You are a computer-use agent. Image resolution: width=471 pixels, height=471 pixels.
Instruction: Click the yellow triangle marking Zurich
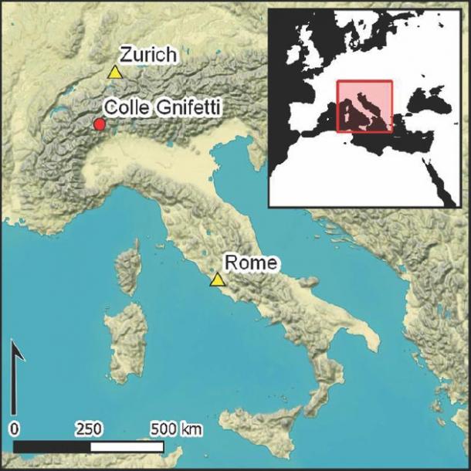click(115, 73)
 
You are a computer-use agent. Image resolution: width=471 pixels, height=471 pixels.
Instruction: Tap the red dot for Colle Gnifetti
click(99, 124)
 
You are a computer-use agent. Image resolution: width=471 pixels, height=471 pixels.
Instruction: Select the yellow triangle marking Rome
click(218, 280)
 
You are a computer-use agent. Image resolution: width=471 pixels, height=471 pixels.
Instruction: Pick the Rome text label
click(250, 263)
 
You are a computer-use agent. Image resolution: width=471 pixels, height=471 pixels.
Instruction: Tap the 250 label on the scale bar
click(90, 428)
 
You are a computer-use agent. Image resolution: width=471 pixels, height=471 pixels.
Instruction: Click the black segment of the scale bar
click(52, 447)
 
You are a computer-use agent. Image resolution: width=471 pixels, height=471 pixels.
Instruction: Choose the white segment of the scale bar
click(127, 447)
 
